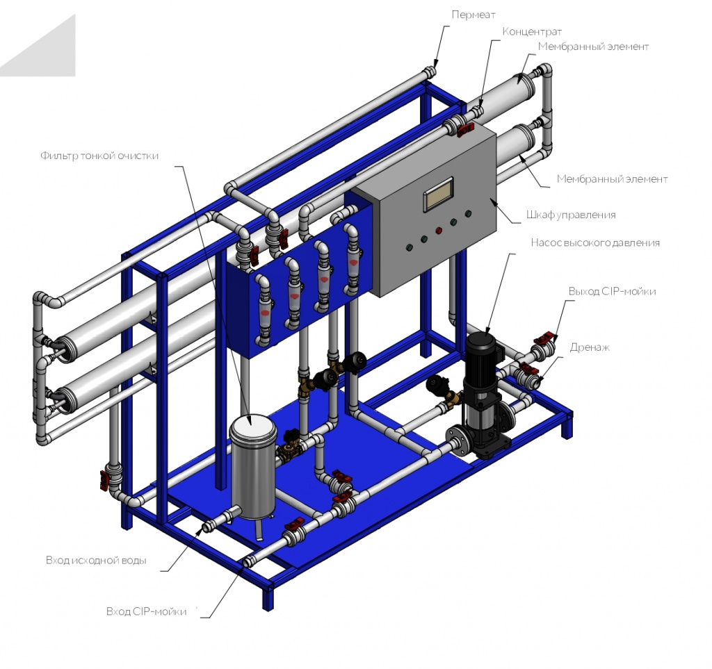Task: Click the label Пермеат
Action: (473, 15)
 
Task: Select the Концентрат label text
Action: (532, 32)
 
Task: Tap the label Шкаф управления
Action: (571, 215)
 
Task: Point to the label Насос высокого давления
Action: (595, 242)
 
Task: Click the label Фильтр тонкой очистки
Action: (99, 156)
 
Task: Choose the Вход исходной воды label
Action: (96, 560)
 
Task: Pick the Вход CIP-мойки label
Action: (146, 611)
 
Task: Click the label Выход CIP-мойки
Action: (612, 291)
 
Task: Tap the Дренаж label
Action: (590, 347)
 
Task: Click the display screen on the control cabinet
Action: (438, 195)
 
